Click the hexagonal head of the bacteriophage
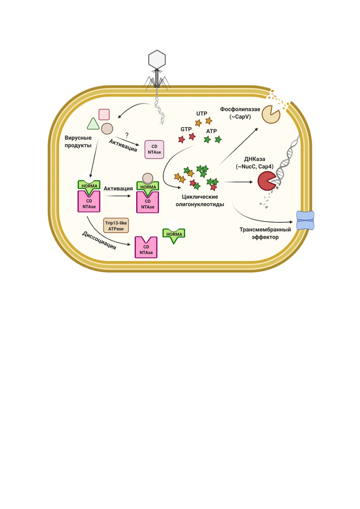click(x=157, y=59)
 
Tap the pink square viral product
click(x=104, y=114)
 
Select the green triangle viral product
click(x=93, y=124)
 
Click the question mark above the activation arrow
click(x=127, y=135)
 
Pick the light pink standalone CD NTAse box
click(x=154, y=149)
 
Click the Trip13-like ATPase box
click(x=116, y=226)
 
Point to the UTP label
click(x=202, y=113)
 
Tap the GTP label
click(x=186, y=129)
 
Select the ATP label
click(x=211, y=131)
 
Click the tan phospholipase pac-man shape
click(x=270, y=115)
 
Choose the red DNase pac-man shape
click(x=266, y=181)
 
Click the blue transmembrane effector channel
click(x=305, y=221)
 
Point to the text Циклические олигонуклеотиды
click(x=200, y=201)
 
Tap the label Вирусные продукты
click(x=78, y=142)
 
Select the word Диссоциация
click(x=99, y=240)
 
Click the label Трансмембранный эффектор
click(x=265, y=233)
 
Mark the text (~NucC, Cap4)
click(x=255, y=167)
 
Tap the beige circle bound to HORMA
click(x=148, y=178)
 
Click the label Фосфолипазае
click(x=240, y=109)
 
